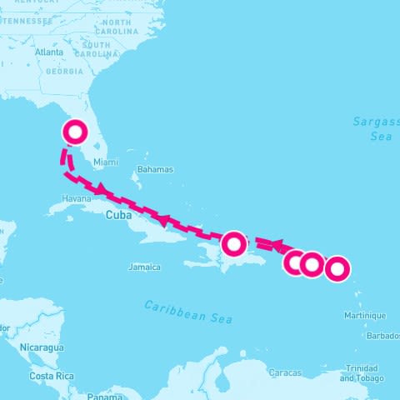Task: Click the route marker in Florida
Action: (75, 132)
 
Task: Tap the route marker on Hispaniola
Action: (234, 244)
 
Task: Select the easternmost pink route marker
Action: (337, 268)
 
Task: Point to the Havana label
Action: (76, 198)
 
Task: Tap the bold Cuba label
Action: (119, 215)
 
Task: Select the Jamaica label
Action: (144, 267)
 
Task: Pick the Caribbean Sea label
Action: (187, 312)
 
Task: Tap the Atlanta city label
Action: (49, 52)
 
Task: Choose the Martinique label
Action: (366, 316)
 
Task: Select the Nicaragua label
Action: (44, 347)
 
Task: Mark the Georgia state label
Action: (65, 72)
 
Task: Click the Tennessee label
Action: (27, 20)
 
